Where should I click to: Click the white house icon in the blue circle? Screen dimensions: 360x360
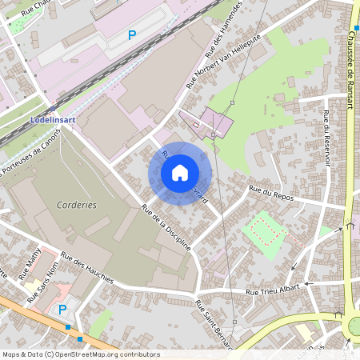pos(180,173)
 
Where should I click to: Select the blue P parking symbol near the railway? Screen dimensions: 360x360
pos(132,34)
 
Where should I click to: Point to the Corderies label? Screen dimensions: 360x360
pos(77,205)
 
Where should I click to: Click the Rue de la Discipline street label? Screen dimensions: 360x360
pos(166,227)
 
